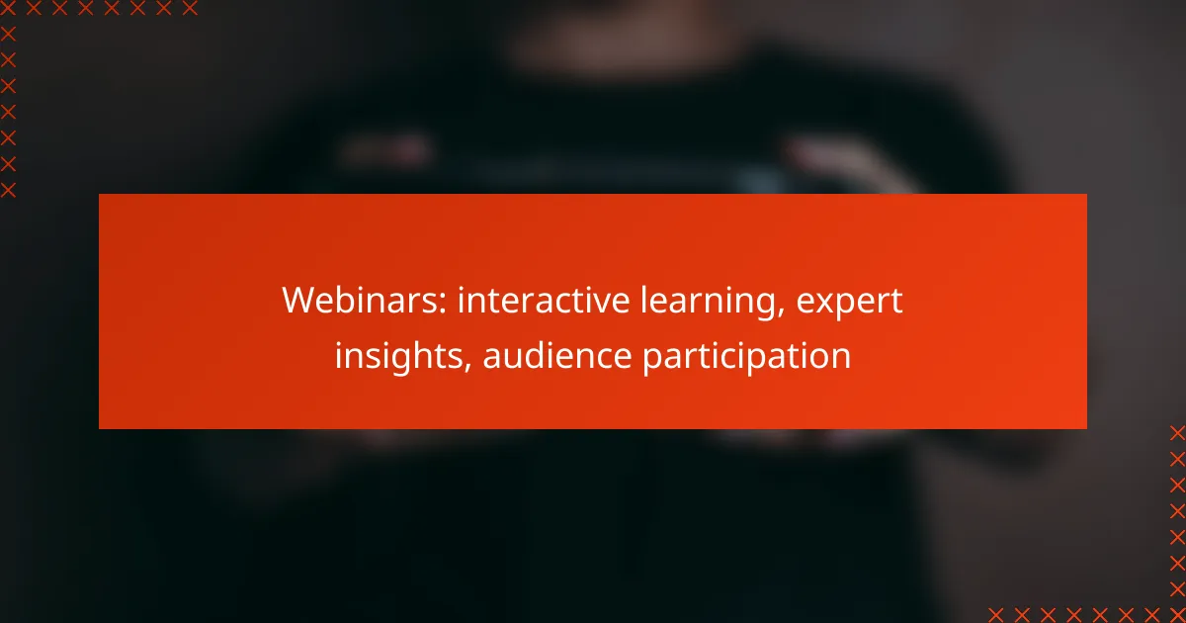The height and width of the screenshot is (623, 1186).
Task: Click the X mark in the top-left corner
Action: click(x=8, y=8)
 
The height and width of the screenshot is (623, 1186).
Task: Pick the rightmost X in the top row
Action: click(x=190, y=8)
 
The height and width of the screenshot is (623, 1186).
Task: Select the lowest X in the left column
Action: click(x=8, y=190)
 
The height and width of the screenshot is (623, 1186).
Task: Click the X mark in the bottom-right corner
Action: click(x=1177, y=613)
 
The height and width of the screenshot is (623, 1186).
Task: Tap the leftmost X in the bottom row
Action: click(x=995, y=613)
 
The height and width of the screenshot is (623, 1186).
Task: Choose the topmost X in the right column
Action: click(x=1177, y=432)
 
